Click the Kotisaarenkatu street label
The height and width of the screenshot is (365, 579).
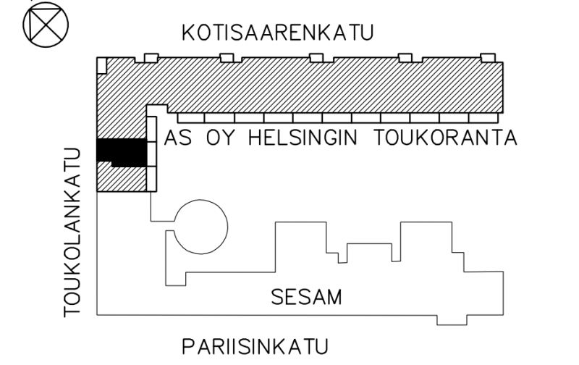[x=278, y=33]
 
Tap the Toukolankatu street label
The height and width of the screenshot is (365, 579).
[x=72, y=232]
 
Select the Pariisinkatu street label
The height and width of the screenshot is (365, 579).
[x=255, y=346]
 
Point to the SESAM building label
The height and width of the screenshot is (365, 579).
[x=306, y=297]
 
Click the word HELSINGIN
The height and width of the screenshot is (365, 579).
[x=303, y=138]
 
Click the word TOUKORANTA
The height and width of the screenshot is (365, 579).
[x=446, y=138]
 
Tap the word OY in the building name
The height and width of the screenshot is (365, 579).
[x=221, y=138]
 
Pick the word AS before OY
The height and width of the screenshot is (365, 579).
[x=178, y=138]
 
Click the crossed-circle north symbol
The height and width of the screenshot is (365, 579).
[x=46, y=25]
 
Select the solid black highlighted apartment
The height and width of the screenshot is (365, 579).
[x=122, y=152]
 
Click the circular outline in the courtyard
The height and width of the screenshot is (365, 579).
[x=200, y=227]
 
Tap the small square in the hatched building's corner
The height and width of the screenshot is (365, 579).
[x=102, y=66]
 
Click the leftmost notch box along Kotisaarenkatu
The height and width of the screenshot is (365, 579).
[x=151, y=58]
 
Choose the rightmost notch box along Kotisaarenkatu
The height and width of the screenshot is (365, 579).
[x=488, y=58]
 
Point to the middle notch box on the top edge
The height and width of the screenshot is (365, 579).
[x=316, y=58]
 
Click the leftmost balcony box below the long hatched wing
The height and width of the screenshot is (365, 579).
[x=191, y=118]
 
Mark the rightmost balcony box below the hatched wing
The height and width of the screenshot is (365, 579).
[x=483, y=118]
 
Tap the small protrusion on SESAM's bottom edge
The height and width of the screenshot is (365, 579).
[x=452, y=320]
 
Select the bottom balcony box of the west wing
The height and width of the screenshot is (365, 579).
[x=152, y=179]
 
